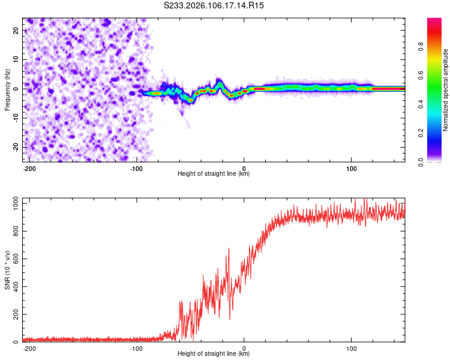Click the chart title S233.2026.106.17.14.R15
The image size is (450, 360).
(214, 5)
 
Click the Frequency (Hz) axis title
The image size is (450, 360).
(7, 89)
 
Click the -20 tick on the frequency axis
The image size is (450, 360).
(15, 147)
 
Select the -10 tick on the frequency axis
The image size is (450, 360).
(15, 118)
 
